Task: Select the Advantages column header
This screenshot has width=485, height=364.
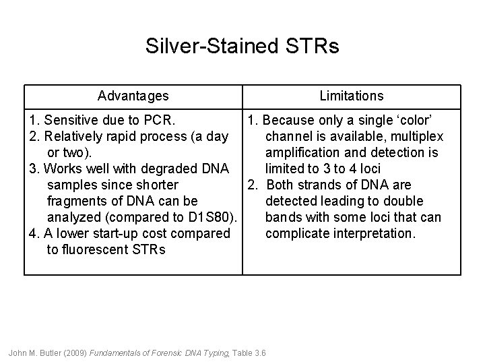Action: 133,96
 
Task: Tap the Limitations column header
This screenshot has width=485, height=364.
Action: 351,96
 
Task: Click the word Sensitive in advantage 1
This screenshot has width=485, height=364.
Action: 69,121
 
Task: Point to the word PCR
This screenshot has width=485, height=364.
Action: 159,121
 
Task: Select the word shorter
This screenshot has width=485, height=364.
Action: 156,185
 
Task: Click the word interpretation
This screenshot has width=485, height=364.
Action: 377,234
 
